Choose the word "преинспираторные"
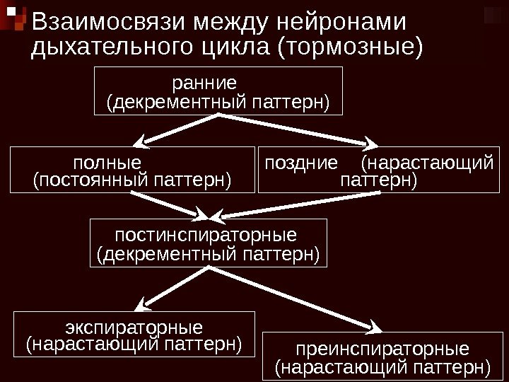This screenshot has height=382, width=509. pyautogui.click(x=382, y=349)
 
